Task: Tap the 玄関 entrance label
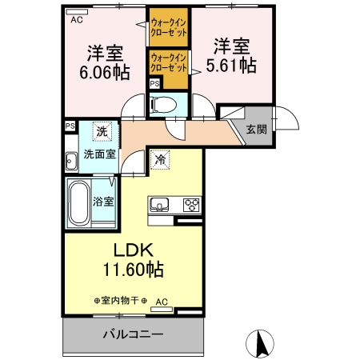point(256,130)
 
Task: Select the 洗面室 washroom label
point(100,156)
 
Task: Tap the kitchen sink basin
point(159,204)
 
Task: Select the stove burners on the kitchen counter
point(192,204)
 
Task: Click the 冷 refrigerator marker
point(160,161)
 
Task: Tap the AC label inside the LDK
point(162,302)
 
